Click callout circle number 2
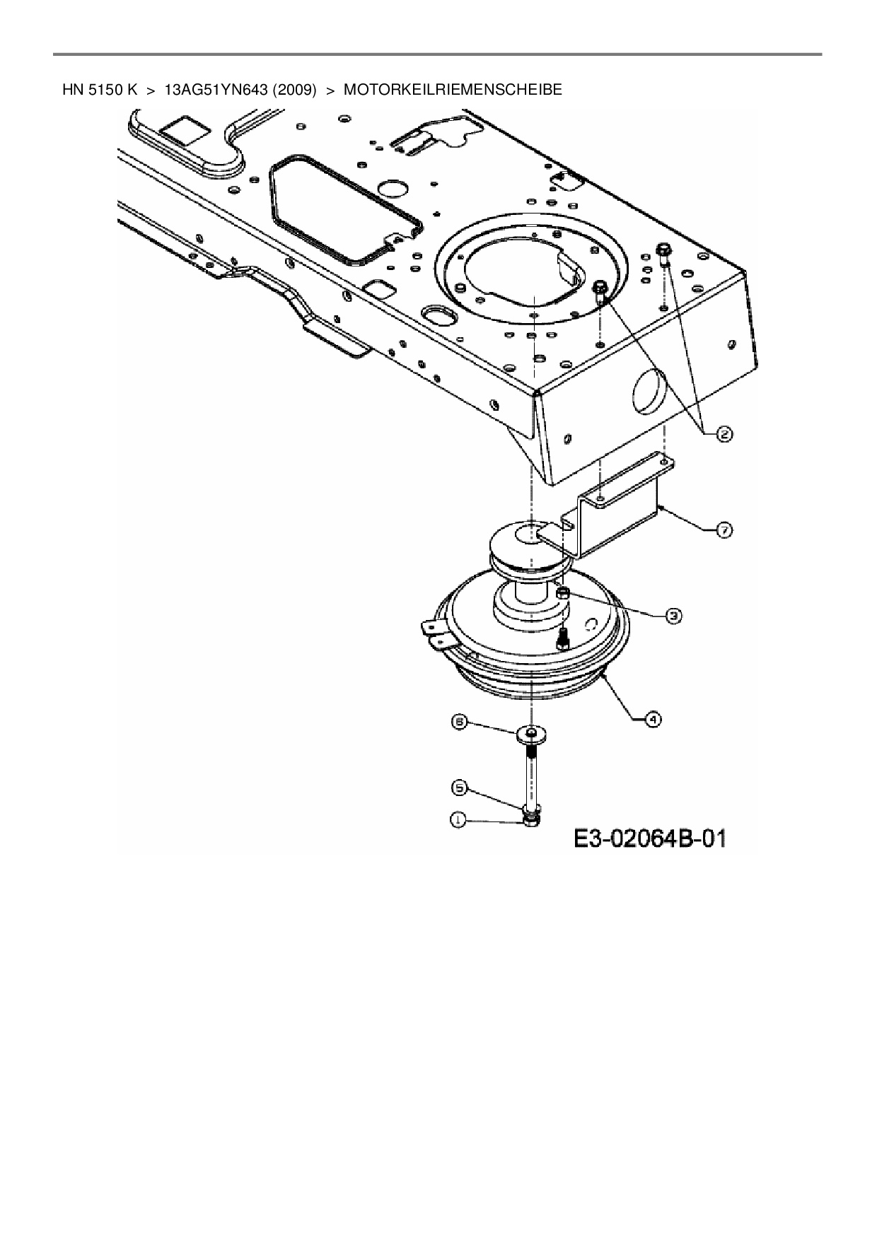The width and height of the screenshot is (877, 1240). pyautogui.click(x=724, y=434)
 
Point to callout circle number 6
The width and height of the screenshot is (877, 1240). pyautogui.click(x=460, y=723)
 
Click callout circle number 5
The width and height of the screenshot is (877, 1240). pyautogui.click(x=459, y=787)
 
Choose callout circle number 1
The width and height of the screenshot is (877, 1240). pyautogui.click(x=459, y=820)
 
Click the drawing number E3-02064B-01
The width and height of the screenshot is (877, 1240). pyautogui.click(x=650, y=839)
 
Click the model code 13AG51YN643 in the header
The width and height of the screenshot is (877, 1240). pyautogui.click(x=217, y=90)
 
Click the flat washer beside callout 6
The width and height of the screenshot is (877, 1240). pyautogui.click(x=531, y=733)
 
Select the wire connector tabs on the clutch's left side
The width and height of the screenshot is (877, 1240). pyautogui.click(x=435, y=634)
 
